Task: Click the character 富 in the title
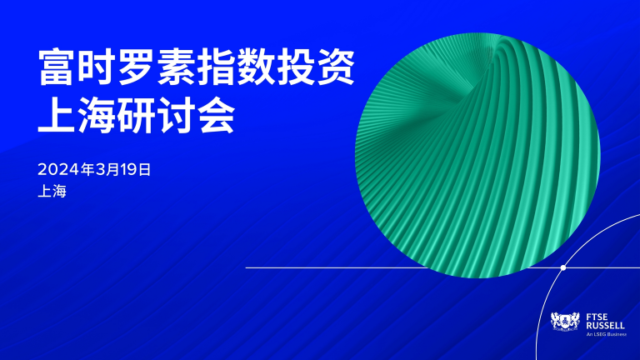tap(56, 67)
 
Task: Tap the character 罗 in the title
tap(136, 67)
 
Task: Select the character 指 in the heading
tap(215, 67)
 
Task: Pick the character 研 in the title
tap(136, 115)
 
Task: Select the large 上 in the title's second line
tap(56, 115)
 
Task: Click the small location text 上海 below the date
tap(52, 192)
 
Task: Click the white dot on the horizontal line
tap(563, 267)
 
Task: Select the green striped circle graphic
tap(477, 155)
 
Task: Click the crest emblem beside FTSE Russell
tap(565, 321)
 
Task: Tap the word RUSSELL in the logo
tap(605, 325)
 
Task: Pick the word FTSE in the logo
tap(597, 317)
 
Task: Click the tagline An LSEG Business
tap(606, 334)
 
